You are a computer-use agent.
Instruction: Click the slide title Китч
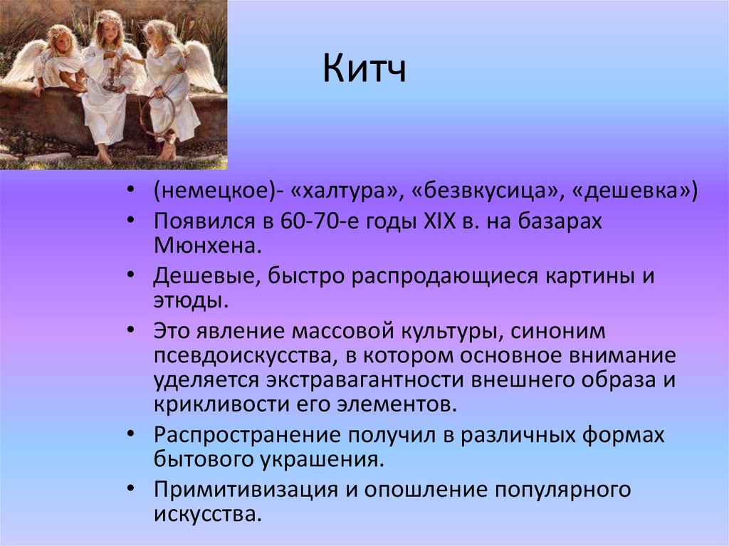tap(364, 68)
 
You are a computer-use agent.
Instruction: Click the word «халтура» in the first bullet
tap(345, 191)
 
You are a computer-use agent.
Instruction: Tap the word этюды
tap(191, 300)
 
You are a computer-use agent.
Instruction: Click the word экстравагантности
tap(365, 380)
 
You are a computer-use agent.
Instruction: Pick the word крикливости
tap(221, 404)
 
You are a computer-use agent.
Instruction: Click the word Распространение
tap(247, 436)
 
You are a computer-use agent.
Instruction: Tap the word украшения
tap(322, 459)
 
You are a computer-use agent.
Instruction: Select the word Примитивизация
tap(246, 490)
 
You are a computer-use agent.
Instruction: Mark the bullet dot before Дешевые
tap(131, 275)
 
